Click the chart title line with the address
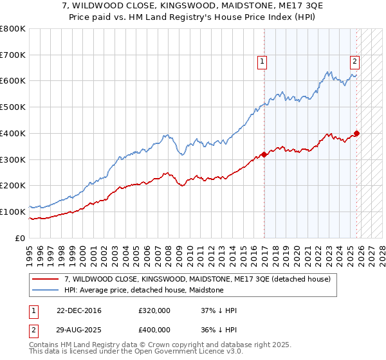(x=193, y=6)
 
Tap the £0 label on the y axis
(x=21, y=238)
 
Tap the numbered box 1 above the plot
(x=262, y=62)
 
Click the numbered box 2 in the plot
(x=354, y=62)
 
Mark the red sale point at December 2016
(x=264, y=154)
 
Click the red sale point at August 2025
(x=357, y=134)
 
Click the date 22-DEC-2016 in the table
(x=78, y=310)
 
